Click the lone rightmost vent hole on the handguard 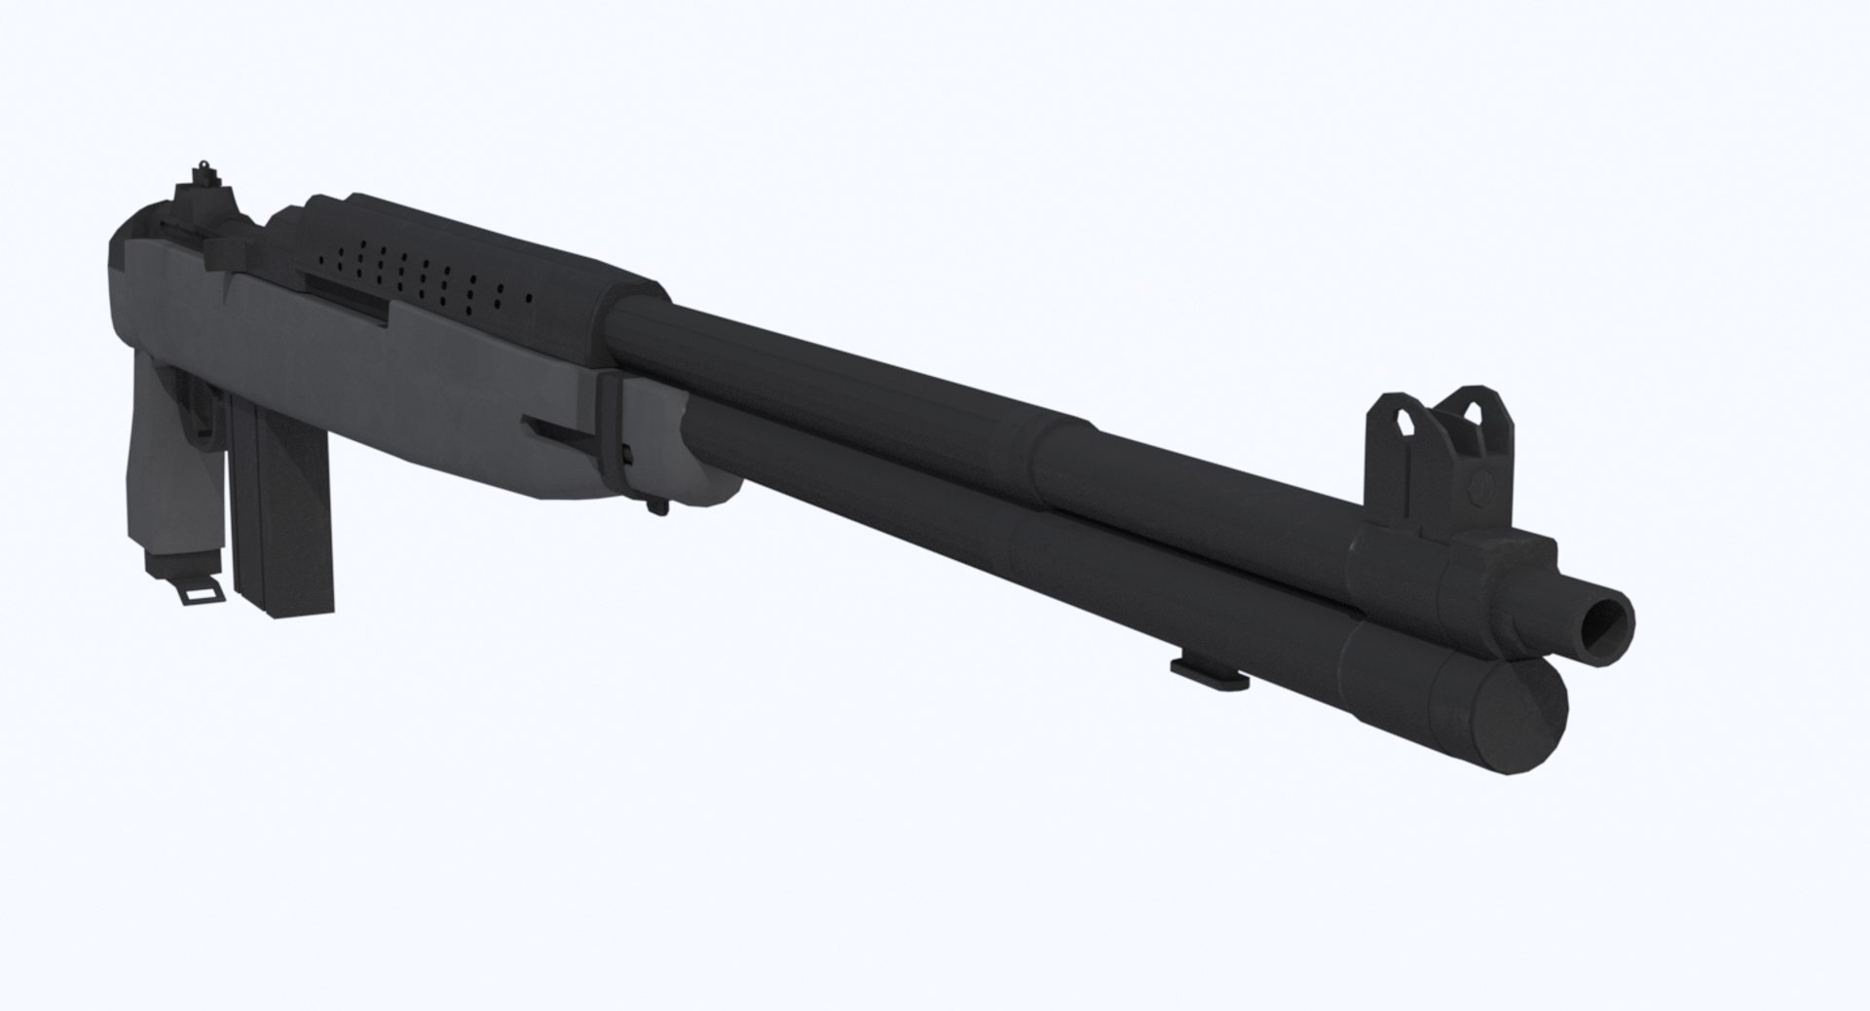[x=530, y=294]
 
